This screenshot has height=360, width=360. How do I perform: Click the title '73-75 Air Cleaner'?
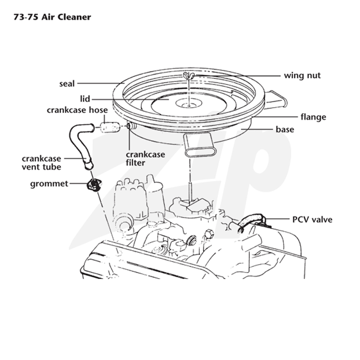[52, 17]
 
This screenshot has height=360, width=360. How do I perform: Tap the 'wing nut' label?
[302, 76]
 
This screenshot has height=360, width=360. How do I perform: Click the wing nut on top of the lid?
[189, 75]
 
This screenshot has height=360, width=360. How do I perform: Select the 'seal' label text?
[67, 84]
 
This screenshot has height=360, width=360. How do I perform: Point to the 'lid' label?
[85, 99]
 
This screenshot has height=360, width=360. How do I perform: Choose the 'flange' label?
[313, 117]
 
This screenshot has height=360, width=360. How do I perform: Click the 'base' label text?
[285, 129]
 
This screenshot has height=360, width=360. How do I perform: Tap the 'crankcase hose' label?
[77, 110]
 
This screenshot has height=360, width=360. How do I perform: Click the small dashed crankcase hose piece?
[110, 127]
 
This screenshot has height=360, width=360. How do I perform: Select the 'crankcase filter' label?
[145, 158]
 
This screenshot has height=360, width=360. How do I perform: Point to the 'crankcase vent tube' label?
[41, 162]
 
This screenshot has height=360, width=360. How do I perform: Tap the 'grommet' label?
[49, 184]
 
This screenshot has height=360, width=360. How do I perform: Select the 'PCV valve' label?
[312, 220]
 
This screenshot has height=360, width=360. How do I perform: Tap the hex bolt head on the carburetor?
[209, 234]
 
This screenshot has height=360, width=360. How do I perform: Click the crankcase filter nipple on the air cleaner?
[131, 126]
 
